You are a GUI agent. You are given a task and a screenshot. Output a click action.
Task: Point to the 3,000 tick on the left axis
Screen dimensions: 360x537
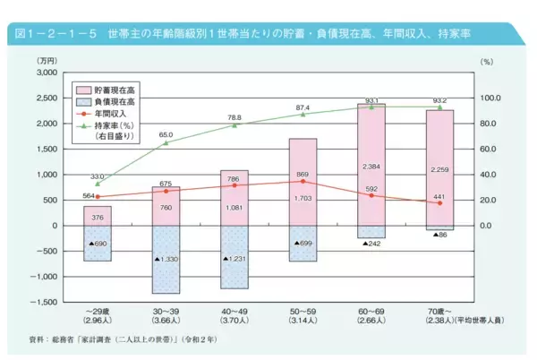click(44, 72)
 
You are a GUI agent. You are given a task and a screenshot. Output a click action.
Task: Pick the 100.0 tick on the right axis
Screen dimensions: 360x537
click(490, 98)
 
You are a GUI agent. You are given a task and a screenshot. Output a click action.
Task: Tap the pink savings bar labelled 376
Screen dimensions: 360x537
click(98, 216)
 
